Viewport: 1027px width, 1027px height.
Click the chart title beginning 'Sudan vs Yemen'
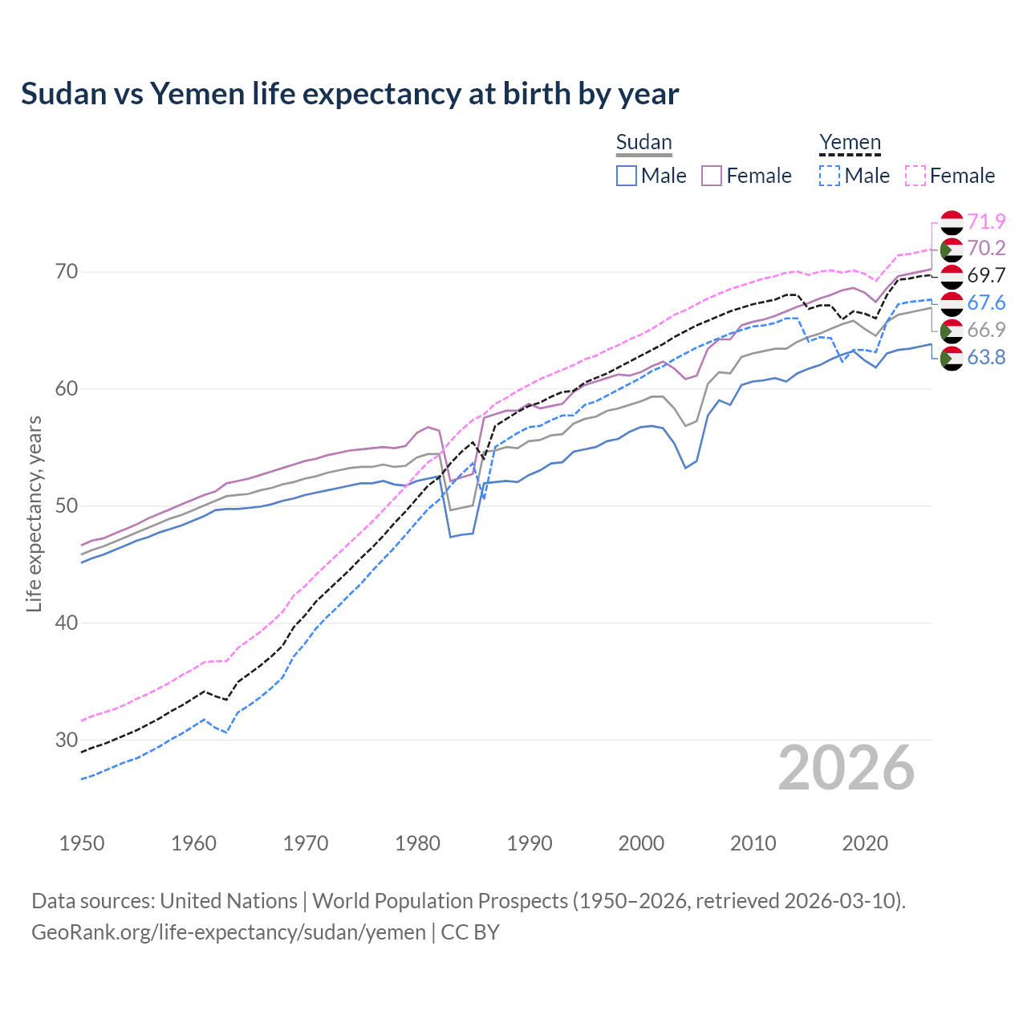tap(350, 94)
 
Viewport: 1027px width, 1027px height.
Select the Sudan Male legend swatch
tap(627, 176)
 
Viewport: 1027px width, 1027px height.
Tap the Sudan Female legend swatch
tap(712, 176)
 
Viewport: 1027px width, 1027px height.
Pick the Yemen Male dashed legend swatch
tap(830, 176)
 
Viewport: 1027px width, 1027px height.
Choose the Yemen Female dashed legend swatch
tap(915, 176)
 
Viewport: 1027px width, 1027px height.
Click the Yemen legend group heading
tap(850, 143)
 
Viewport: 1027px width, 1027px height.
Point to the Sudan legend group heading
tap(643, 143)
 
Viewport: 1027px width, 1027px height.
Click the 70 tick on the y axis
tap(67, 272)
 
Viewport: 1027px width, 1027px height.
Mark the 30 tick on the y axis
tap(67, 740)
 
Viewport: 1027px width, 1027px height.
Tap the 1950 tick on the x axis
tap(82, 843)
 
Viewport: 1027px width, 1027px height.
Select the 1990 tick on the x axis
tap(530, 843)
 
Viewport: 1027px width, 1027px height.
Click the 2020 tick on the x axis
tap(865, 843)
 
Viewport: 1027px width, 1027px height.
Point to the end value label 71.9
tap(986, 221)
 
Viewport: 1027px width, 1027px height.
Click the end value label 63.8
tap(986, 358)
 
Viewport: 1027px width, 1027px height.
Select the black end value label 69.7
tap(986, 276)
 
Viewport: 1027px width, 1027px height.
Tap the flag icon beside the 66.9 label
tap(952, 331)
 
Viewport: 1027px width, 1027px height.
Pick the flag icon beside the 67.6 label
tap(952, 303)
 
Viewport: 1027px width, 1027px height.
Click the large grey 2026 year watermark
tap(846, 768)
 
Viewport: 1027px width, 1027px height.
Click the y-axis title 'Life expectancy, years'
tap(34, 513)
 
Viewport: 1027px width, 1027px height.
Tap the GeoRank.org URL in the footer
tap(229, 932)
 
